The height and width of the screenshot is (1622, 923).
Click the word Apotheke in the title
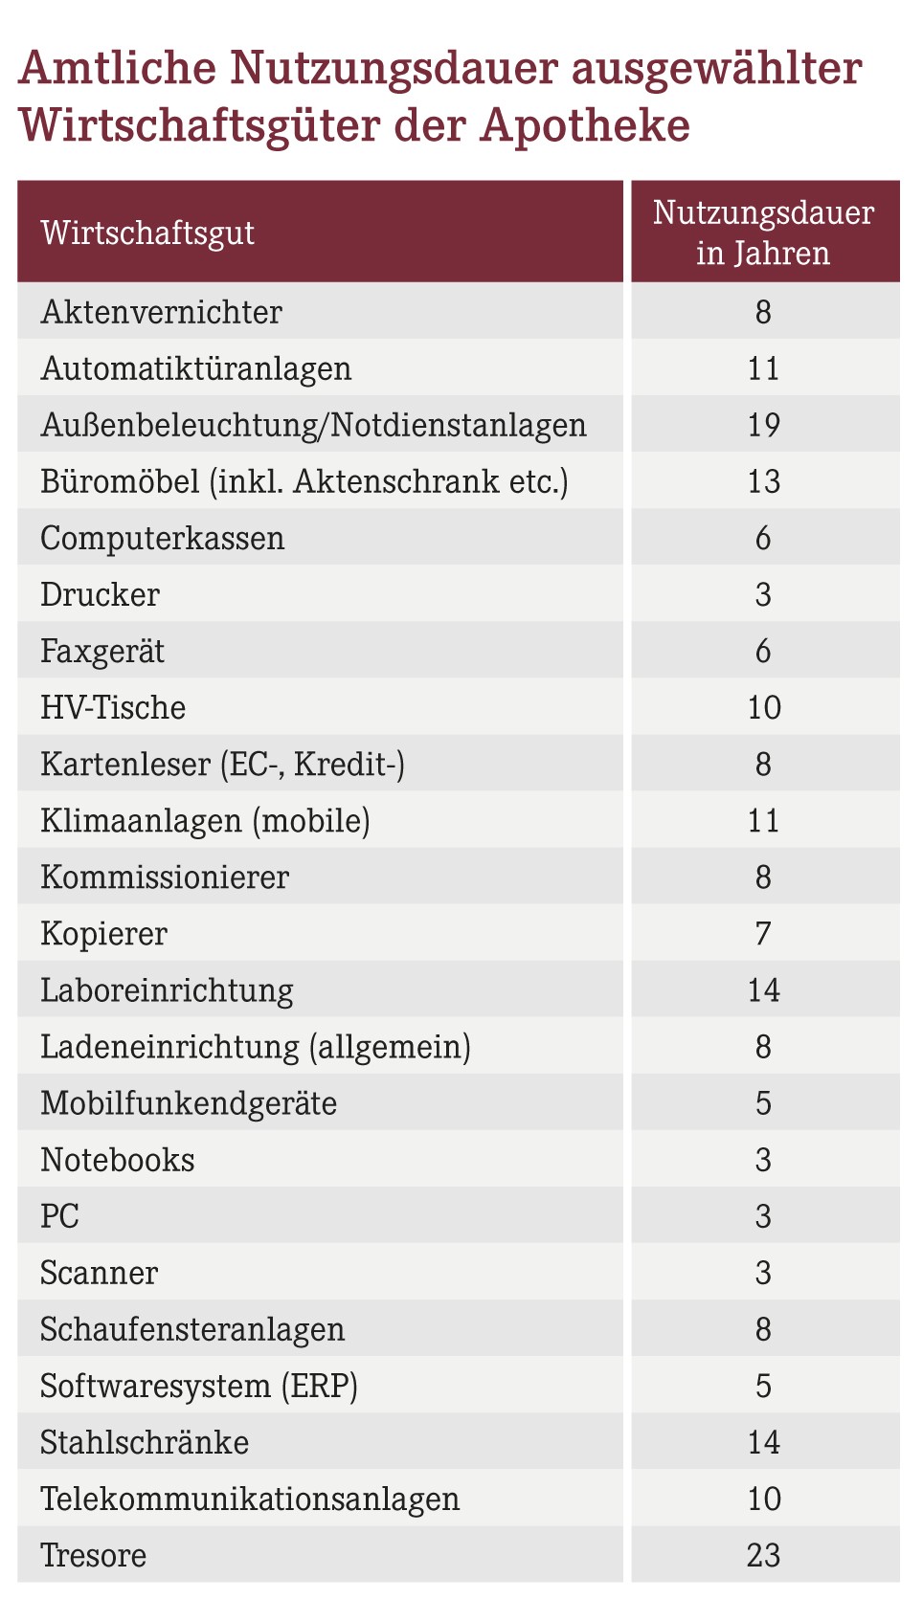pos(585,125)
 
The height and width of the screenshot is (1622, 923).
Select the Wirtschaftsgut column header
pos(147,233)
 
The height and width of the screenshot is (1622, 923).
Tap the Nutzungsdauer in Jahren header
pos(764,233)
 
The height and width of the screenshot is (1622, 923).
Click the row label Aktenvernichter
pos(162,312)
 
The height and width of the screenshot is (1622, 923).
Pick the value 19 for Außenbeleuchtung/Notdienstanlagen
pos(764,425)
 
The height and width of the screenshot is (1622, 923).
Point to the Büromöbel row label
pos(304,481)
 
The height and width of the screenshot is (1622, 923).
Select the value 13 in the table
pos(764,481)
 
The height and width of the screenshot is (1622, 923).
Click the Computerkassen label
pos(162,538)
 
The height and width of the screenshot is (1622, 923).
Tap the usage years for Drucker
pos(764,594)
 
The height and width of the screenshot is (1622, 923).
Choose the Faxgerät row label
pos(102,651)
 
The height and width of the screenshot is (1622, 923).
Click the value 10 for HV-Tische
pos(764,707)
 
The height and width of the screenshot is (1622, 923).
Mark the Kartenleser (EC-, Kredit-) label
pos(222,764)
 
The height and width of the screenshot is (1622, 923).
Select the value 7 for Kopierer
pos(764,933)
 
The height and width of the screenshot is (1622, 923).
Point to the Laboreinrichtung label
pos(167,990)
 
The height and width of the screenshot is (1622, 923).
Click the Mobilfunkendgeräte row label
pos(189,1103)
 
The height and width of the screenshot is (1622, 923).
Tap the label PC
pos(59,1216)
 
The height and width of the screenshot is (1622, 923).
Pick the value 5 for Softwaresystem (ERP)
pos(764,1386)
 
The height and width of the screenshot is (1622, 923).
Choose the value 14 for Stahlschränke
pos(764,1442)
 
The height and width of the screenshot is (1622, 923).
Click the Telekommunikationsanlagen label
pos(250,1499)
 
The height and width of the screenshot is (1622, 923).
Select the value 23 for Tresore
pos(764,1555)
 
